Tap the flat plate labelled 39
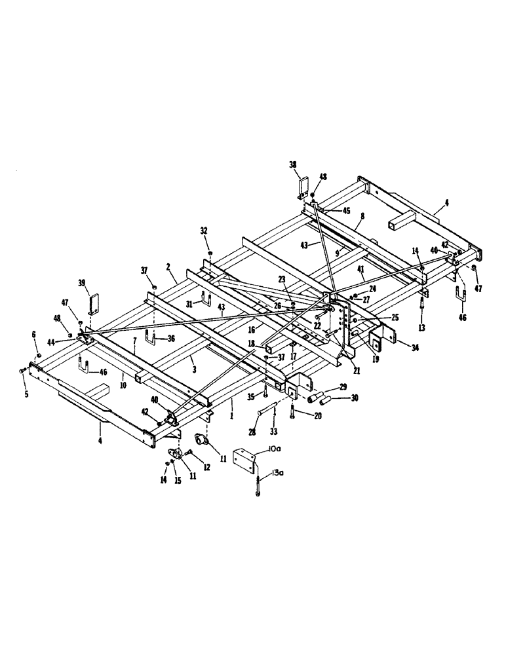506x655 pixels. [x=95, y=304]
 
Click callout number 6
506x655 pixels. [x=35, y=335]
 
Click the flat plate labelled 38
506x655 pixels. [x=303, y=186]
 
